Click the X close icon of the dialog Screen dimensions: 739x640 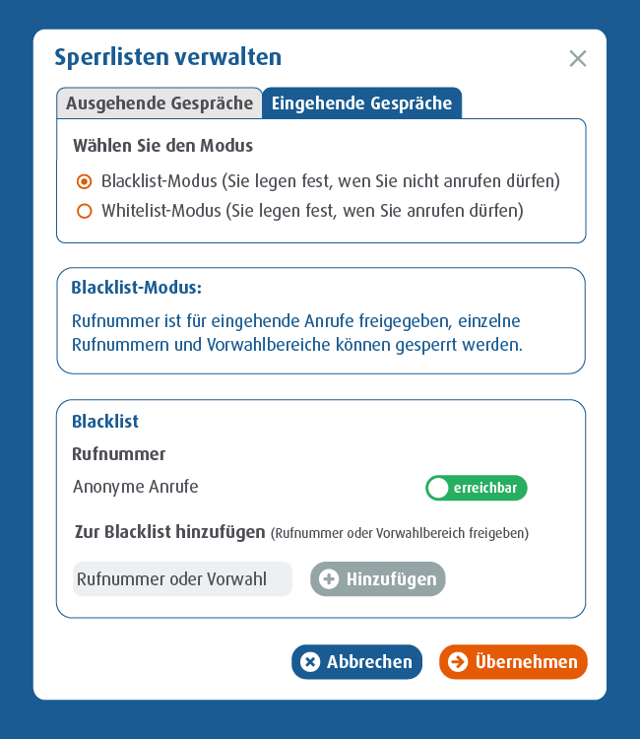pos(578,58)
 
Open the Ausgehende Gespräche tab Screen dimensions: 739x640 pos(160,103)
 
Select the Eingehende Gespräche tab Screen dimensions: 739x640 pos(361,103)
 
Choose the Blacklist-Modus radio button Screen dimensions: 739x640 pos(85,181)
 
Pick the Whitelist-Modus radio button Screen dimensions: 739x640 pos(85,211)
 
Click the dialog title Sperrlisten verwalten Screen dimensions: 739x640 pos(167,57)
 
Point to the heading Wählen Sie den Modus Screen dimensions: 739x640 pos(162,146)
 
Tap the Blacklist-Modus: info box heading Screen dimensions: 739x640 pos(136,288)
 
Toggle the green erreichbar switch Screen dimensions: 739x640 pos(477,488)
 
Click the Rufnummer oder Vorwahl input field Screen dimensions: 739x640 pos(182,579)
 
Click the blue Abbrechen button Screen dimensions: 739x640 pos(356,662)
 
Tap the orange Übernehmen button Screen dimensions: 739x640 pos(513,662)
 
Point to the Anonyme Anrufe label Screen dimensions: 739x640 pos(135,487)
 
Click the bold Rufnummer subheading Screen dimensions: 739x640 pos(118,454)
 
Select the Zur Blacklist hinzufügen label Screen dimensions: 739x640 pos(169,532)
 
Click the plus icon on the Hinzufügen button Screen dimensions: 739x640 pos(329,579)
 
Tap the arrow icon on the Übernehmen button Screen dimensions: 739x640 pos(457,662)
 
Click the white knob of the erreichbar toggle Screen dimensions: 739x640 pos(438,488)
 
